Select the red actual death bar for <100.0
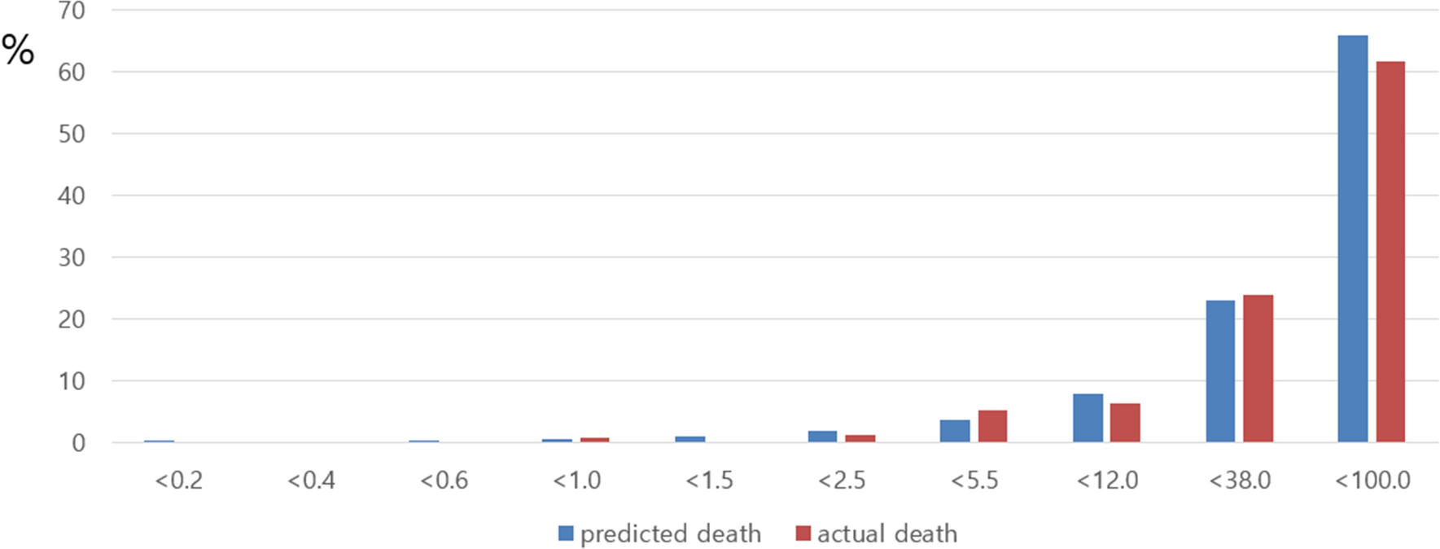pyautogui.click(x=1390, y=252)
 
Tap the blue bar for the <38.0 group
pyautogui.click(x=1219, y=371)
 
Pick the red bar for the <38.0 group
pyautogui.click(x=1258, y=368)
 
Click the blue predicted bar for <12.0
pyautogui.click(x=1088, y=418)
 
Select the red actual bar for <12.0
pyautogui.click(x=1125, y=423)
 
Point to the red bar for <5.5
pyautogui.click(x=992, y=426)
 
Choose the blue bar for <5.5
pyautogui.click(x=955, y=431)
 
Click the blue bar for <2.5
pyautogui.click(x=822, y=436)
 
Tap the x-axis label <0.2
pyautogui.click(x=178, y=481)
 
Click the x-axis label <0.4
pyautogui.click(x=311, y=481)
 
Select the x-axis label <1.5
pyautogui.click(x=709, y=481)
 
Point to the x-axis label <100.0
pyautogui.click(x=1372, y=481)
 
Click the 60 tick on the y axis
pyautogui.click(x=72, y=72)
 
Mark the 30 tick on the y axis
pyautogui.click(x=72, y=258)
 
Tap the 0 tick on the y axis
pyautogui.click(x=78, y=443)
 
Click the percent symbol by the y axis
pyautogui.click(x=18, y=51)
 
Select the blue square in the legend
pyautogui.click(x=566, y=534)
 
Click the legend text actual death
pyautogui.click(x=887, y=534)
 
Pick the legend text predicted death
pyautogui.click(x=671, y=534)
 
